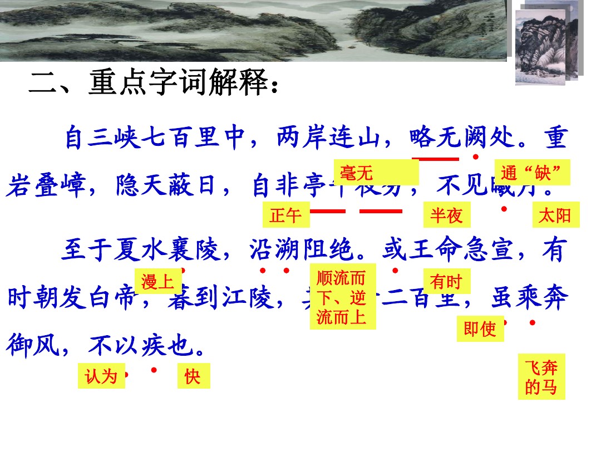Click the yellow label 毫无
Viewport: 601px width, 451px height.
(x=376, y=172)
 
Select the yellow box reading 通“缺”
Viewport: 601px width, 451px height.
(x=532, y=173)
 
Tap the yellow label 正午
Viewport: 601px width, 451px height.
(x=285, y=215)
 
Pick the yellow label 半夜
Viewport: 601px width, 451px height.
(x=446, y=215)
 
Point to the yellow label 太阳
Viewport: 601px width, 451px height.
(x=555, y=215)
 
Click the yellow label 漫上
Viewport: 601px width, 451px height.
(x=158, y=282)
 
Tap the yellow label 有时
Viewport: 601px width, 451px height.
(x=446, y=282)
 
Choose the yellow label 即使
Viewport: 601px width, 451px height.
(x=480, y=329)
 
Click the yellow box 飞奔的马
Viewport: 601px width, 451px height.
(x=541, y=376)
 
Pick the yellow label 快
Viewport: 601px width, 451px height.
(x=193, y=376)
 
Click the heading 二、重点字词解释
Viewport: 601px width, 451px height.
(x=153, y=84)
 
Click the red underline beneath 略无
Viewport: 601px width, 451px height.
(x=439, y=159)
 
